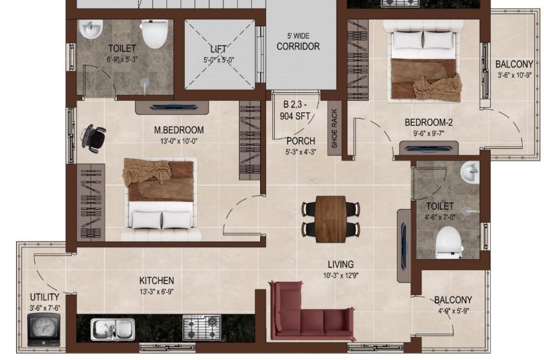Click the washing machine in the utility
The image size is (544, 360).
click(x=44, y=329)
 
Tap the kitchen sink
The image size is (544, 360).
click(x=113, y=329)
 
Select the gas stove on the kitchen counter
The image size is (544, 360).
click(x=202, y=327)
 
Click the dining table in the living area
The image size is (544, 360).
click(x=331, y=219)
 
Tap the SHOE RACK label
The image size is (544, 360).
click(x=335, y=128)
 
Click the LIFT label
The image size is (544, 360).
click(x=218, y=49)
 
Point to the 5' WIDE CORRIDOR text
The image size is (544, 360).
click(x=298, y=42)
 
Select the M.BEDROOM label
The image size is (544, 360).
click(x=179, y=130)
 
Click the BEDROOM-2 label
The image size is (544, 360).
click(x=428, y=123)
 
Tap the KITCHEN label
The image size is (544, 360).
click(x=157, y=280)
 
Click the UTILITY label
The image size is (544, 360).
click(x=44, y=297)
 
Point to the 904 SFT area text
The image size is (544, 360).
click(x=295, y=116)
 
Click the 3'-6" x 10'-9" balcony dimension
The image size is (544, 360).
click(x=514, y=75)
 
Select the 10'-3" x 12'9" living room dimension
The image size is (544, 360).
click(x=340, y=275)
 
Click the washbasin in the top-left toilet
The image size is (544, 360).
click(x=91, y=29)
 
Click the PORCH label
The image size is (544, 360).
click(x=301, y=141)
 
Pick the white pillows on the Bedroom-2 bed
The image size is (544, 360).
click(x=423, y=40)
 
